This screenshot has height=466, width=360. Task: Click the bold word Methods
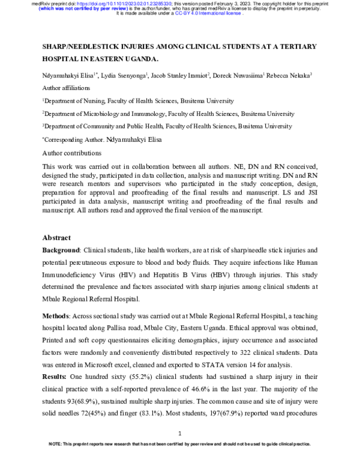click(x=59, y=316)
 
